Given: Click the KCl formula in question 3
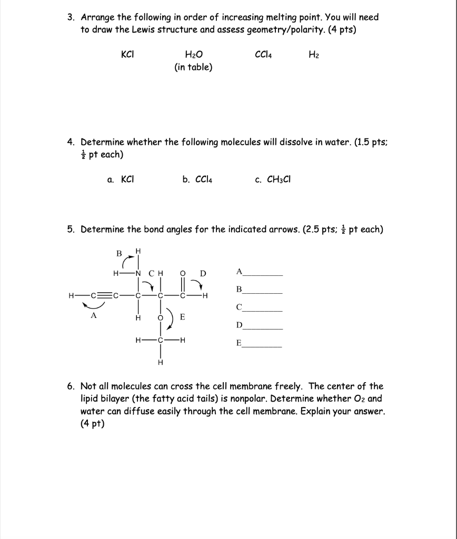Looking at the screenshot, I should tap(127, 54).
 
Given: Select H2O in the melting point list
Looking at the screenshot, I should tap(193, 55).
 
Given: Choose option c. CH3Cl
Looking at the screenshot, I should tap(273, 179).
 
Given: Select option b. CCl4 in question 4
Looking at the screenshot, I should tap(197, 179).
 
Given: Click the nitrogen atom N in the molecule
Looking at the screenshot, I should tap(138, 273).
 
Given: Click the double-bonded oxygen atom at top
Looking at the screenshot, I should tap(182, 273).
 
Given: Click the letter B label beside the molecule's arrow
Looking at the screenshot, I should tap(120, 253).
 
